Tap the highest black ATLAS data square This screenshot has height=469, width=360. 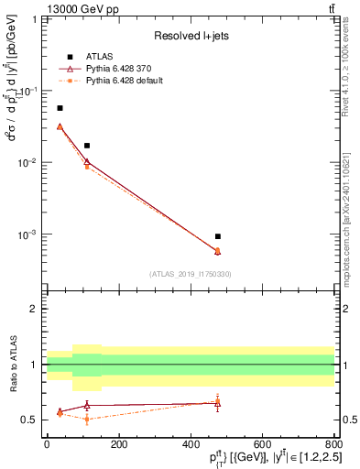pos(60,108)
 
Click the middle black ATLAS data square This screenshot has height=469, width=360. pos(87,146)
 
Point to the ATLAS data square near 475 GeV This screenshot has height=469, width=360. pos(217,236)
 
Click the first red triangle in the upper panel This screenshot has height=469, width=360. pos(60,126)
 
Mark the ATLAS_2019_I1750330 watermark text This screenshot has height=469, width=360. pos(191,274)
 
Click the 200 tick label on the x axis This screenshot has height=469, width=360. pos(118,444)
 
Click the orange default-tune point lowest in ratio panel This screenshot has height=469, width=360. pos(87,420)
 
